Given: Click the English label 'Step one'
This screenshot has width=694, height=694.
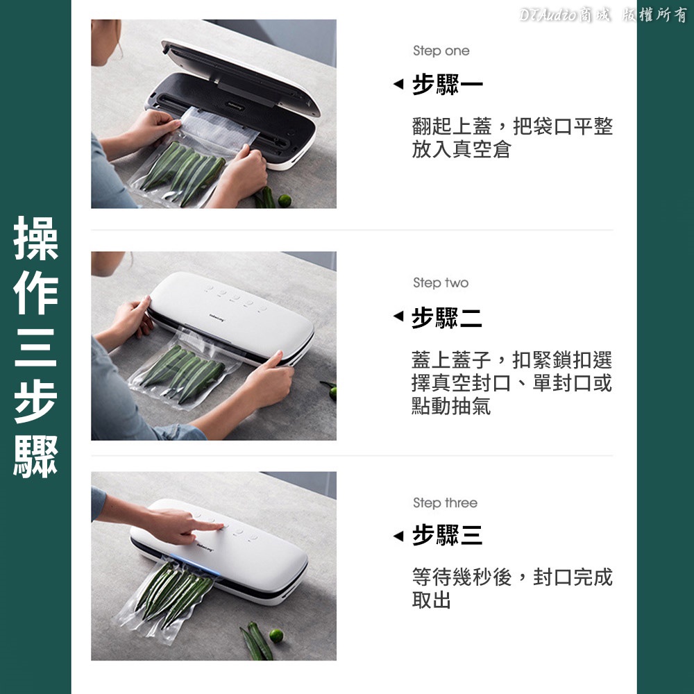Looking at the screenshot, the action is click(441, 51).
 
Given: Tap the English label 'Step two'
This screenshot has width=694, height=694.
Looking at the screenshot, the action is click(441, 282).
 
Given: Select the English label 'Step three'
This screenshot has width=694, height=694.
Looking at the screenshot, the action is click(445, 502).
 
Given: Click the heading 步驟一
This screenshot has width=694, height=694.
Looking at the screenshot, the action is click(447, 84).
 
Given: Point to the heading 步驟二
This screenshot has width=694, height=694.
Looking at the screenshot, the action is click(446, 317).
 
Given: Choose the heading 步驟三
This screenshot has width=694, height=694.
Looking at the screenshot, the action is click(447, 534).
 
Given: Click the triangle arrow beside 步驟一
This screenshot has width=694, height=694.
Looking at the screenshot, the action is click(398, 83).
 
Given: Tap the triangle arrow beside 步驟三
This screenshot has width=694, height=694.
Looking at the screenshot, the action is click(398, 536).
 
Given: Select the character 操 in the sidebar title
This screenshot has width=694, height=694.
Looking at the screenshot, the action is click(36, 238).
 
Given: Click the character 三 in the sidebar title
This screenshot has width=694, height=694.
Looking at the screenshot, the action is click(36, 348).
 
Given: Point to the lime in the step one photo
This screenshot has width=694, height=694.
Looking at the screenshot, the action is click(285, 201).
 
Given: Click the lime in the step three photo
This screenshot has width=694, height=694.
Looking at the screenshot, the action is click(276, 636).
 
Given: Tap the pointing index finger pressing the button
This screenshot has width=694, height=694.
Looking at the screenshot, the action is click(208, 526).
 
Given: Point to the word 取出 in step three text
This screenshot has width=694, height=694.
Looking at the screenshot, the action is click(432, 600).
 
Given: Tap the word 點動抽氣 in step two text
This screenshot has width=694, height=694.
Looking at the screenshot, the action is click(451, 406).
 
